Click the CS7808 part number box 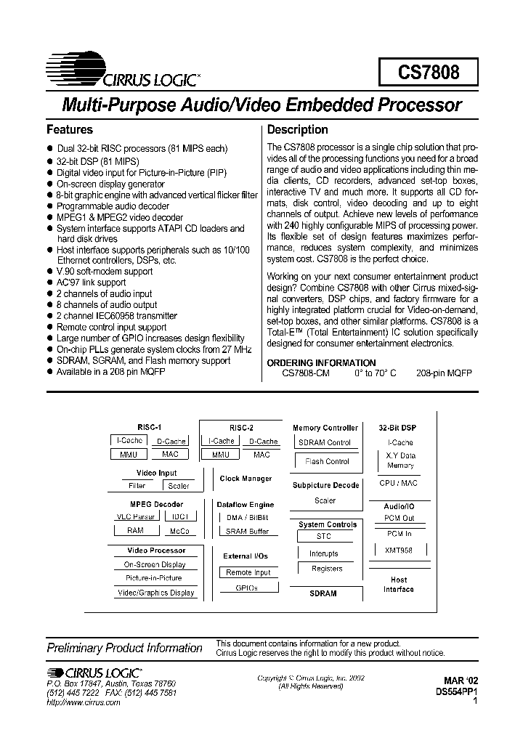(x=428, y=73)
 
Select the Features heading (x=70, y=130)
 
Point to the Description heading (x=298, y=130)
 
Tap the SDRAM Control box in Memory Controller (x=324, y=442)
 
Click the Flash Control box (x=327, y=461)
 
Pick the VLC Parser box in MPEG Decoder (x=136, y=517)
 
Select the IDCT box (x=180, y=517)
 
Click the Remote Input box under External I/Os (x=248, y=572)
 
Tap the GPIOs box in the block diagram (x=247, y=588)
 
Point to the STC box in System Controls (x=324, y=537)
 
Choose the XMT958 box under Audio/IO (x=400, y=551)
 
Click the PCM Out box (x=400, y=519)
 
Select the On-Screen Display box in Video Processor (x=155, y=564)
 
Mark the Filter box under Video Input (x=137, y=486)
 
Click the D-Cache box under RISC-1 (x=171, y=442)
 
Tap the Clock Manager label (x=246, y=479)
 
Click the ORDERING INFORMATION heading (x=322, y=362)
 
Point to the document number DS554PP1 (x=455, y=693)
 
